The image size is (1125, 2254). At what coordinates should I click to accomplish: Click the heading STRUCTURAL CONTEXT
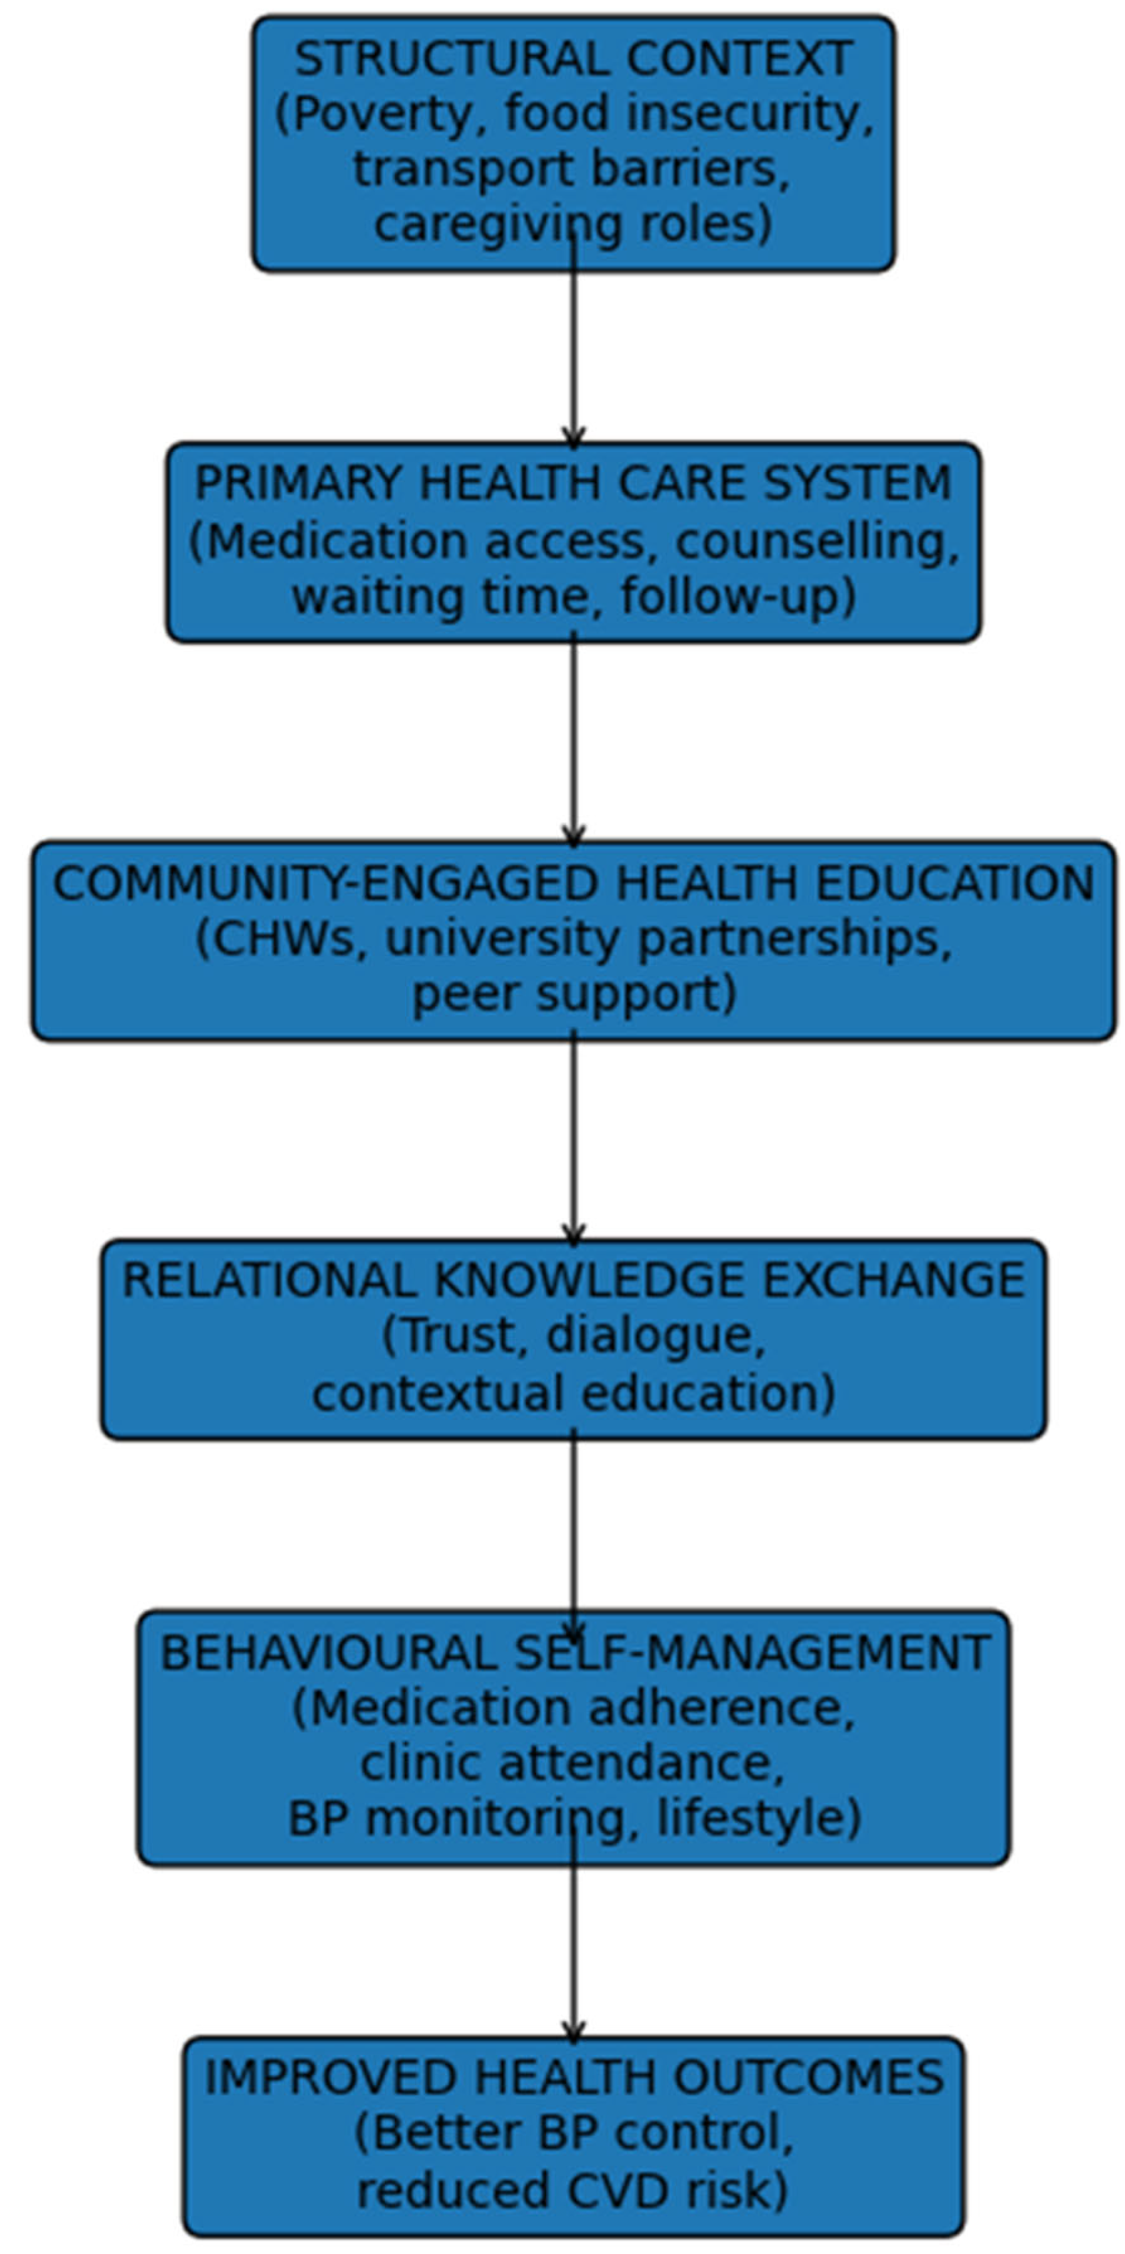[x=573, y=60]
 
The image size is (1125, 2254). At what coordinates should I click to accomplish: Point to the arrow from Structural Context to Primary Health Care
[x=573, y=342]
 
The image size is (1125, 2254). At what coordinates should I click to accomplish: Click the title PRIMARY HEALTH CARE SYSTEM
[x=573, y=483]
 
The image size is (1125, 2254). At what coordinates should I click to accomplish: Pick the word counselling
[x=812, y=542]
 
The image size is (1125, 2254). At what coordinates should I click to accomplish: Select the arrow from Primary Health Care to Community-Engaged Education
[x=573, y=740]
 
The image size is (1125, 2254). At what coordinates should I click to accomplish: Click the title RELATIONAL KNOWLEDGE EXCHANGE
[x=573, y=1281]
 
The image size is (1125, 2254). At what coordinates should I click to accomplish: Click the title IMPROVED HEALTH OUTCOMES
[x=574, y=2078]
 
